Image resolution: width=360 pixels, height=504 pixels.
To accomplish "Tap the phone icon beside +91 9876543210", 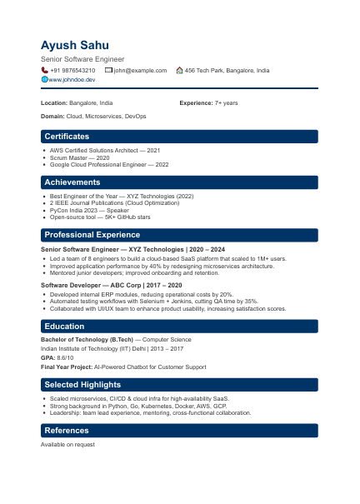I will coord(44,71).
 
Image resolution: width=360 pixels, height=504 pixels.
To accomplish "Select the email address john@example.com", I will coord(140,71).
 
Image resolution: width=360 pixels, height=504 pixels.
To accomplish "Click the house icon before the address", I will coord(179,71).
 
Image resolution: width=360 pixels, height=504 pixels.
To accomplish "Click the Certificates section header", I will coord(67,136).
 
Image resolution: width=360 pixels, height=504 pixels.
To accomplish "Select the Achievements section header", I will coord(72,182).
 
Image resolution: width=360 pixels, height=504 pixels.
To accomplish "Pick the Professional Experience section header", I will coord(92,235).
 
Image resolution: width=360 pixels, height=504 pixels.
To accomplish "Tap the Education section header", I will coord(63,327).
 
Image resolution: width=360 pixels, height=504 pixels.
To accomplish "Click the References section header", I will coord(67,431).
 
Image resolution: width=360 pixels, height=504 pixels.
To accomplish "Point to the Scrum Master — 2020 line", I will coord(79,157).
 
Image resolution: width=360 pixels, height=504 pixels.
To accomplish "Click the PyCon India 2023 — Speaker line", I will coord(83,211).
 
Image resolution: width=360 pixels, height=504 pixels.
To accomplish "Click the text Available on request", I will coord(67,445).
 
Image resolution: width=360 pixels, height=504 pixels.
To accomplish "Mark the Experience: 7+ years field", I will coord(208,102).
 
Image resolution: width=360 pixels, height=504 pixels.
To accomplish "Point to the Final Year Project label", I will coord(66,367).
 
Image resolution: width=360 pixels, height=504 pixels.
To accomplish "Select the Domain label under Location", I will coord(52,117).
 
